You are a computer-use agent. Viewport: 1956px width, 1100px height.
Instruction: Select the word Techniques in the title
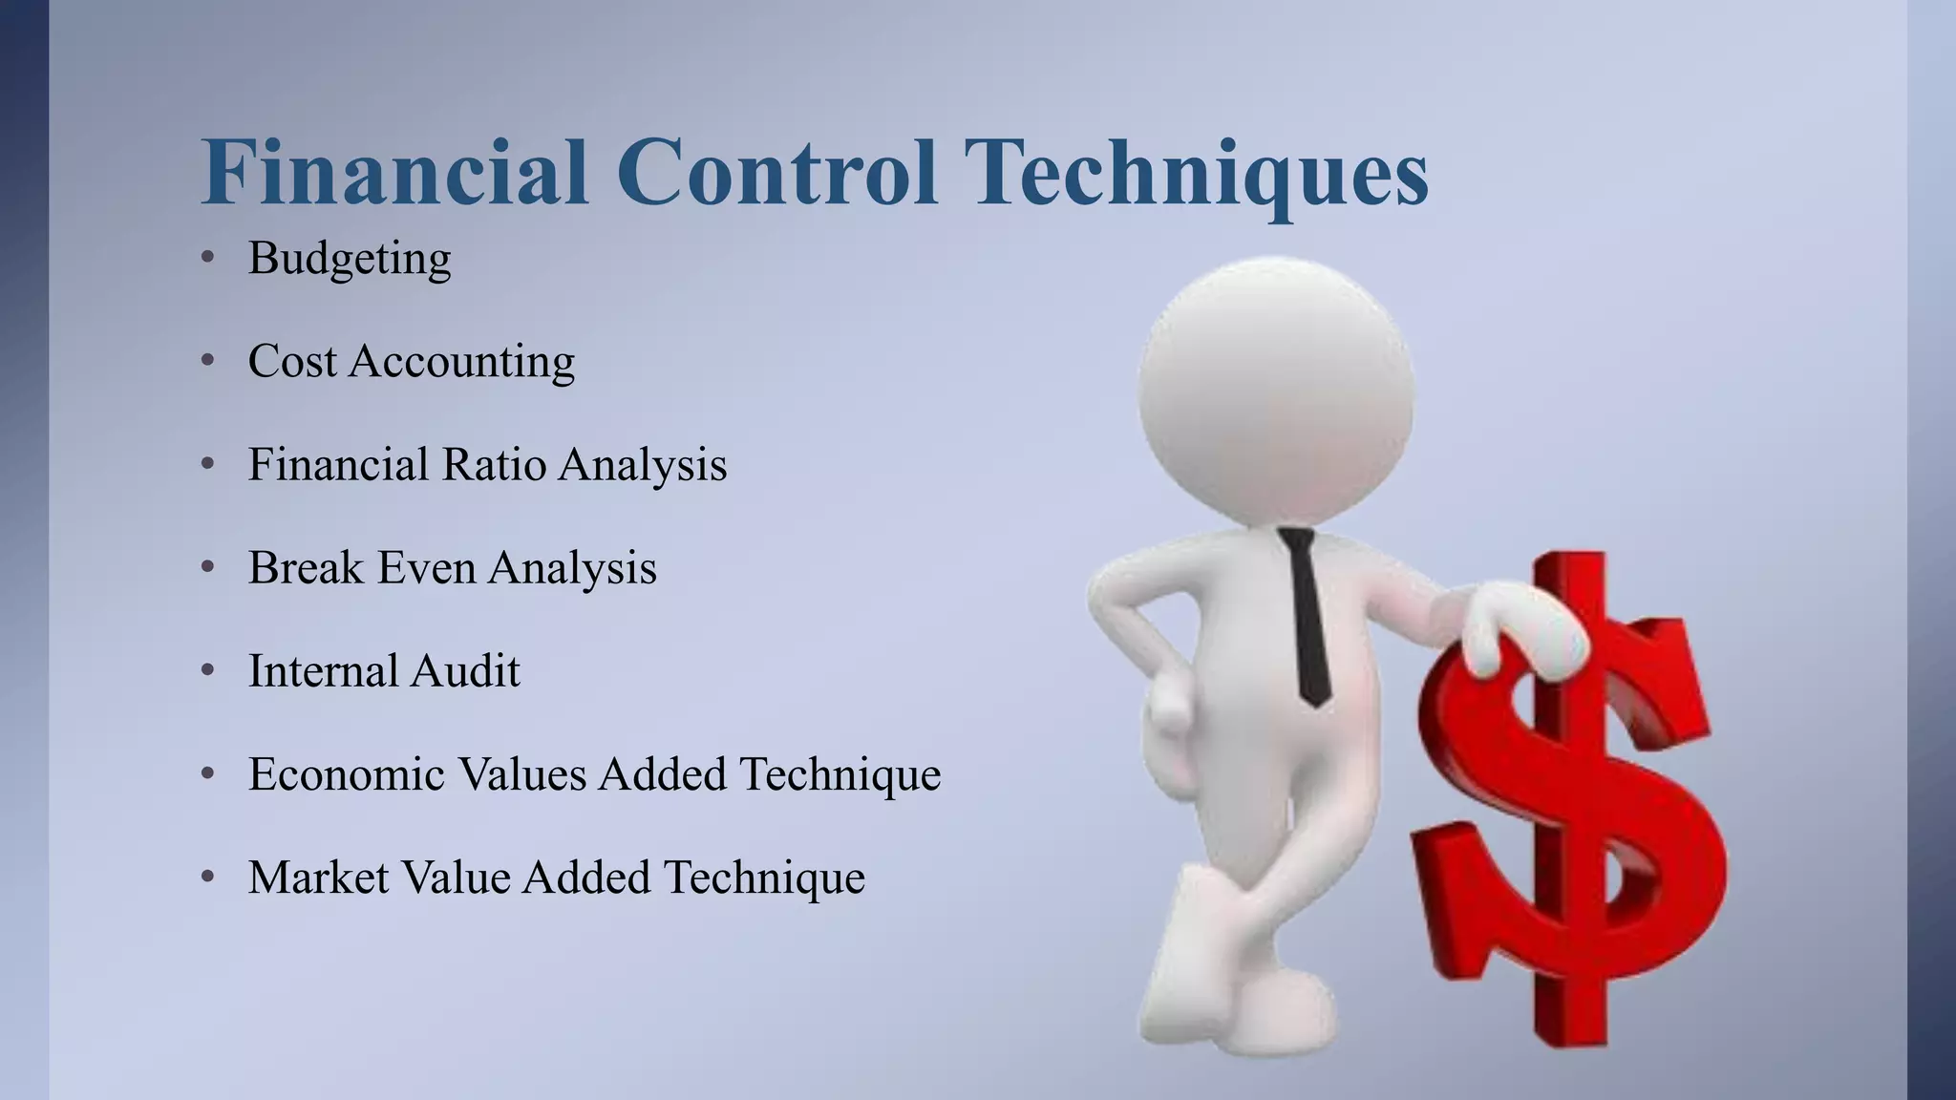[1198, 174]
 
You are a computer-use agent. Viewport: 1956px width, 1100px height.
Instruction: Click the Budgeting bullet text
[350, 260]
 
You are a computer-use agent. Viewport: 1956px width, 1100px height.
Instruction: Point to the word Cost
[292, 362]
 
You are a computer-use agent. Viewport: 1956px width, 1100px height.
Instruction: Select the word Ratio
[493, 465]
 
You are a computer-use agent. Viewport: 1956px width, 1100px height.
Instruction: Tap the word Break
[306, 568]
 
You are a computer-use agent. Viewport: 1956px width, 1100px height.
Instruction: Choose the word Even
[425, 568]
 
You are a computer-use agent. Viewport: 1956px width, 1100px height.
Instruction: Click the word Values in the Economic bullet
[522, 774]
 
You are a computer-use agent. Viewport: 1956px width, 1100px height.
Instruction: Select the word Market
[318, 878]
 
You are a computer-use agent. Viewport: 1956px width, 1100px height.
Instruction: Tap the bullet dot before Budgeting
[208, 258]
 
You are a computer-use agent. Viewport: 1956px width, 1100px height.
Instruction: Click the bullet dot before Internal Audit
[208, 670]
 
